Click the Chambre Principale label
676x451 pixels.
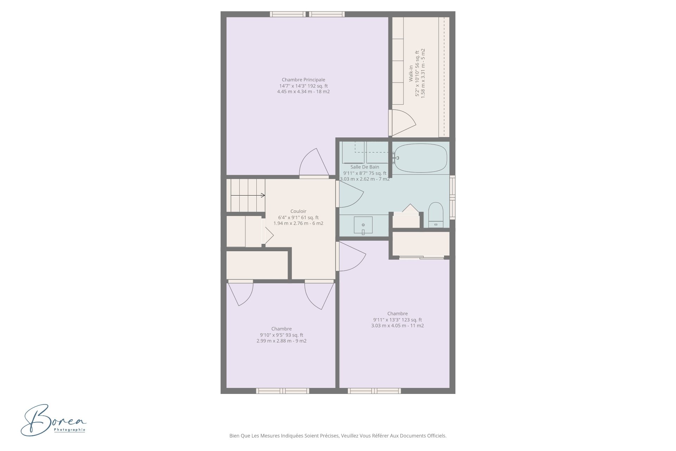point(303,80)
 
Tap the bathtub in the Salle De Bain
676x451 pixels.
point(420,158)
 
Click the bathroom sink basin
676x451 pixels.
point(363,225)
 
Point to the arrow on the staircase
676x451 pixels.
point(248,195)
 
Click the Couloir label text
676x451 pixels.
point(298,211)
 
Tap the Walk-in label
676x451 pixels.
point(411,73)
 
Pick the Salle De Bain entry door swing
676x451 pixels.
point(350,194)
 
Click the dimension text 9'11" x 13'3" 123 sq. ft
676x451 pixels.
point(398,320)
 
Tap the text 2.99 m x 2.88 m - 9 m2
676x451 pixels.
point(281,341)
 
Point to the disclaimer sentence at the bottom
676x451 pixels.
point(338,436)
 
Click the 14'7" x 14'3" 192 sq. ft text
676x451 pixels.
point(303,86)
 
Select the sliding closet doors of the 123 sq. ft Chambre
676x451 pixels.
point(421,258)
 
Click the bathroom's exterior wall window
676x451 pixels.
point(452,197)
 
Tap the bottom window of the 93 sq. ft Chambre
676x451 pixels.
point(282,391)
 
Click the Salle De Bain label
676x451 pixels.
point(365,167)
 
